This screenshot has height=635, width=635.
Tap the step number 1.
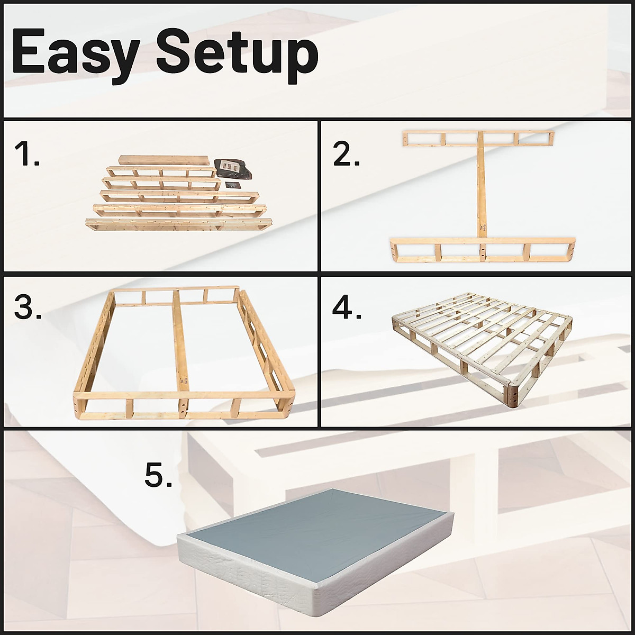(x=26, y=155)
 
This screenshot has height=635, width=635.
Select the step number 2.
(x=347, y=155)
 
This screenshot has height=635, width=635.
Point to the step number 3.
(x=28, y=307)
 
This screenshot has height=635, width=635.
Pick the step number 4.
(x=347, y=307)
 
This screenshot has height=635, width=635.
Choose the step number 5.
(x=158, y=475)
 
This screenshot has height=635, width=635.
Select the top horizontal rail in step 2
(x=478, y=139)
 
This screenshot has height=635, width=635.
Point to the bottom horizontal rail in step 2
(x=482, y=249)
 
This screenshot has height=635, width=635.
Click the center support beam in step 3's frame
(x=180, y=344)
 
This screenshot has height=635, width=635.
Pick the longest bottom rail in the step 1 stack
(x=179, y=224)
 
